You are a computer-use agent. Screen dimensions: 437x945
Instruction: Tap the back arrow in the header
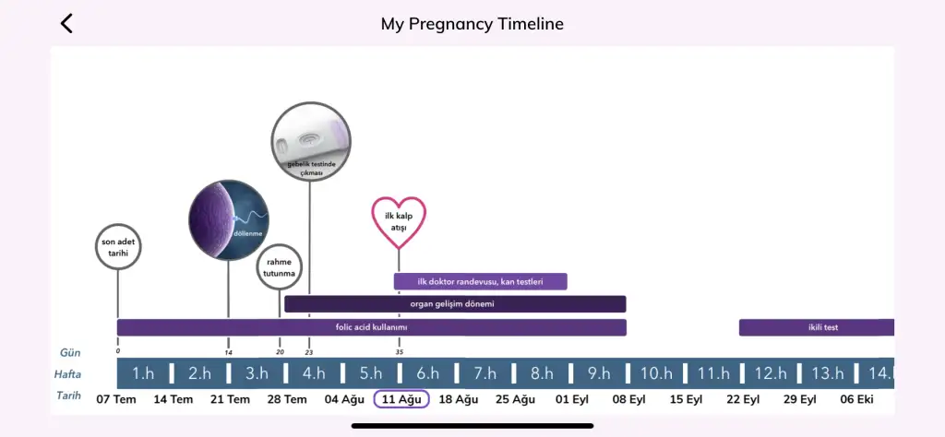click(66, 24)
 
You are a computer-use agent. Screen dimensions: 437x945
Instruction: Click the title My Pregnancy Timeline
click(472, 24)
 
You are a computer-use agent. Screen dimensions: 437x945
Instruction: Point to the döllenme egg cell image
click(229, 220)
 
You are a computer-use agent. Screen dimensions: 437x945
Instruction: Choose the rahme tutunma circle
click(280, 267)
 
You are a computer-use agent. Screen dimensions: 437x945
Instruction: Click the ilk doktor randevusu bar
click(480, 281)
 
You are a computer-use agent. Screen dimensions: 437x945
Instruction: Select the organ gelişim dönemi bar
click(455, 304)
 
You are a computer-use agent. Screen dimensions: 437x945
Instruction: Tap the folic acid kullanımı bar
click(371, 327)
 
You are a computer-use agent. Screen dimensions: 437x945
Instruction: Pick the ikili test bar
click(816, 327)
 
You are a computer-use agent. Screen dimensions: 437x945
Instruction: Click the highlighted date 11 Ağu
click(401, 399)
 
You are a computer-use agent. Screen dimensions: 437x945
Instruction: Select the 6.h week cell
click(427, 373)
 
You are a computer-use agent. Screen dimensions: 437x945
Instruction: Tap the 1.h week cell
click(143, 373)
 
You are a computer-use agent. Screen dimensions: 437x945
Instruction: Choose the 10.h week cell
click(655, 373)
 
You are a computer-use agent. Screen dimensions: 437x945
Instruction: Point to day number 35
click(400, 351)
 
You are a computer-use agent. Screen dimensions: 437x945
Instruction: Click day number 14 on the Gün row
click(228, 351)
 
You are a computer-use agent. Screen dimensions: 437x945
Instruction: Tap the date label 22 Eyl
click(743, 399)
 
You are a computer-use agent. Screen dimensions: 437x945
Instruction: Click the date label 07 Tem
click(116, 399)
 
